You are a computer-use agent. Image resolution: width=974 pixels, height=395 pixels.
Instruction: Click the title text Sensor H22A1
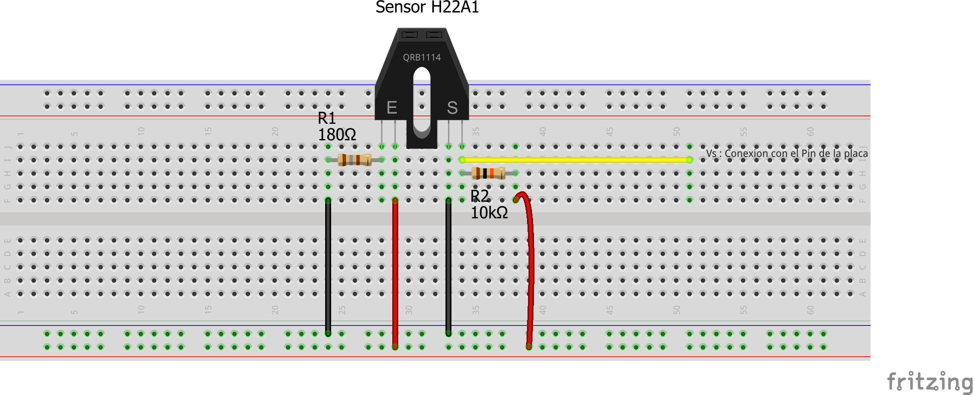[427, 7]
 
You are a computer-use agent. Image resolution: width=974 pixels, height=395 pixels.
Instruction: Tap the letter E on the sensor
[392, 107]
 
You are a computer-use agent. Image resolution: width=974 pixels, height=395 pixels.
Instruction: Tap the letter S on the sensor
[452, 107]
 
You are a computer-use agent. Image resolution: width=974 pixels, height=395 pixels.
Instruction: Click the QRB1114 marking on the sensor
[422, 58]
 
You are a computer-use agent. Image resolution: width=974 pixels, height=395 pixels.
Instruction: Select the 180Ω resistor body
[354, 159]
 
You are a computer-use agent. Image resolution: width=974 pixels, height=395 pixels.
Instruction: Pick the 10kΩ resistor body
[488, 173]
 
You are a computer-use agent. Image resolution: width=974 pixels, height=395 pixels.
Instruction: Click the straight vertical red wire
[395, 273]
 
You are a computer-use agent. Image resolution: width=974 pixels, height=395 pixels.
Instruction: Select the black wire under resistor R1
[328, 268]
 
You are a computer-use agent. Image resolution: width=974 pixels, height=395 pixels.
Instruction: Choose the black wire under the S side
[448, 268]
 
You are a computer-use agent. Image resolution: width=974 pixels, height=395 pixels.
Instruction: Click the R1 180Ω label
[337, 126]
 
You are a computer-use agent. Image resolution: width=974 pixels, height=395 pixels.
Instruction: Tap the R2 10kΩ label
[488, 204]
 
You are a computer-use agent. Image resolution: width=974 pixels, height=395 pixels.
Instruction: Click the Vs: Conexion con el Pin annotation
[787, 153]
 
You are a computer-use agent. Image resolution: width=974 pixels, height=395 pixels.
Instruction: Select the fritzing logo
[930, 382]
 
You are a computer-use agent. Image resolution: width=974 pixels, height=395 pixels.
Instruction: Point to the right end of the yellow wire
[689, 159]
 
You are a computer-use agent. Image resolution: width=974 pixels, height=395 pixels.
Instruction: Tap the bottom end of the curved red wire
[529, 346]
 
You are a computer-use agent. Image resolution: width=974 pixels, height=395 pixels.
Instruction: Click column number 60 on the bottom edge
[810, 310]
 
